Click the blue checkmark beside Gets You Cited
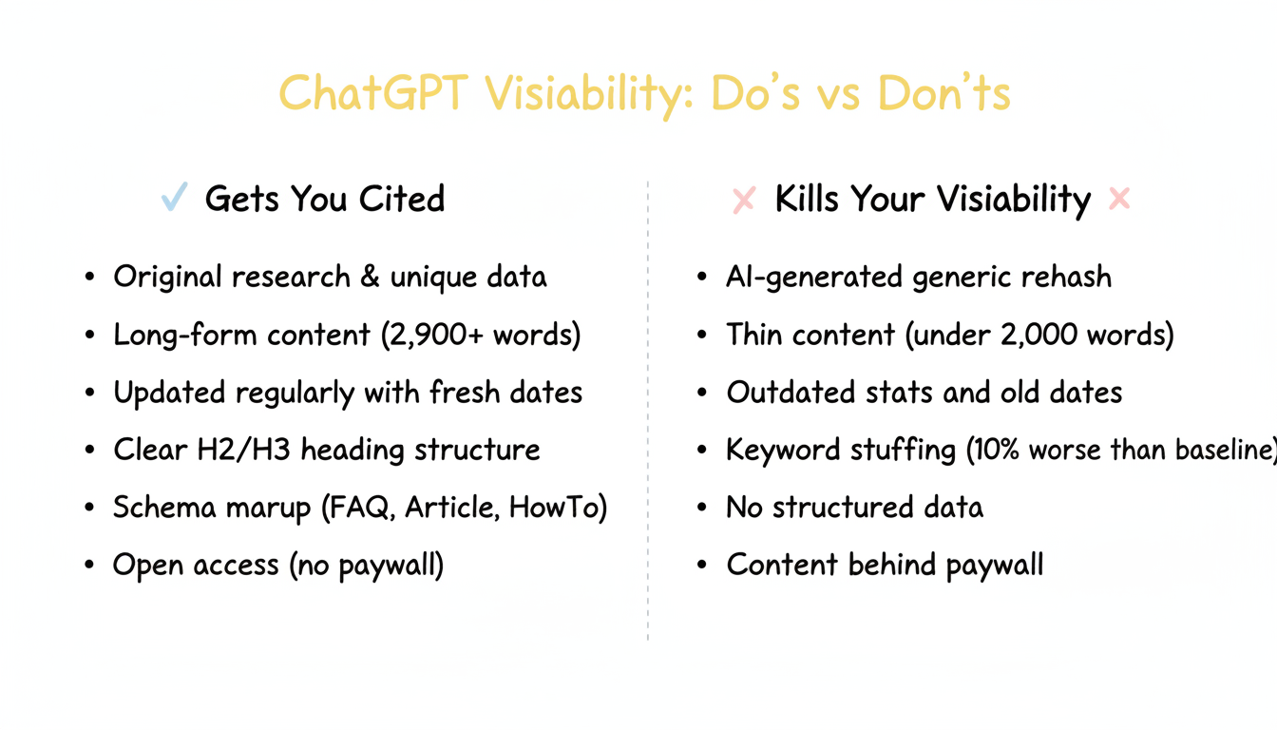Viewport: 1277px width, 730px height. (174, 198)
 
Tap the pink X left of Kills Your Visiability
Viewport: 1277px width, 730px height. (743, 200)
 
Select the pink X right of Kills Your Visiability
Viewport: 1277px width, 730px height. (1119, 199)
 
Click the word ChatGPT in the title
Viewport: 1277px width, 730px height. (373, 94)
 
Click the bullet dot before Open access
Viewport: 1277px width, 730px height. (89, 566)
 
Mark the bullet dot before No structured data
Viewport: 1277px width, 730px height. (702, 508)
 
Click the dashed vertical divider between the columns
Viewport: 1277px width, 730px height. (648, 409)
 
